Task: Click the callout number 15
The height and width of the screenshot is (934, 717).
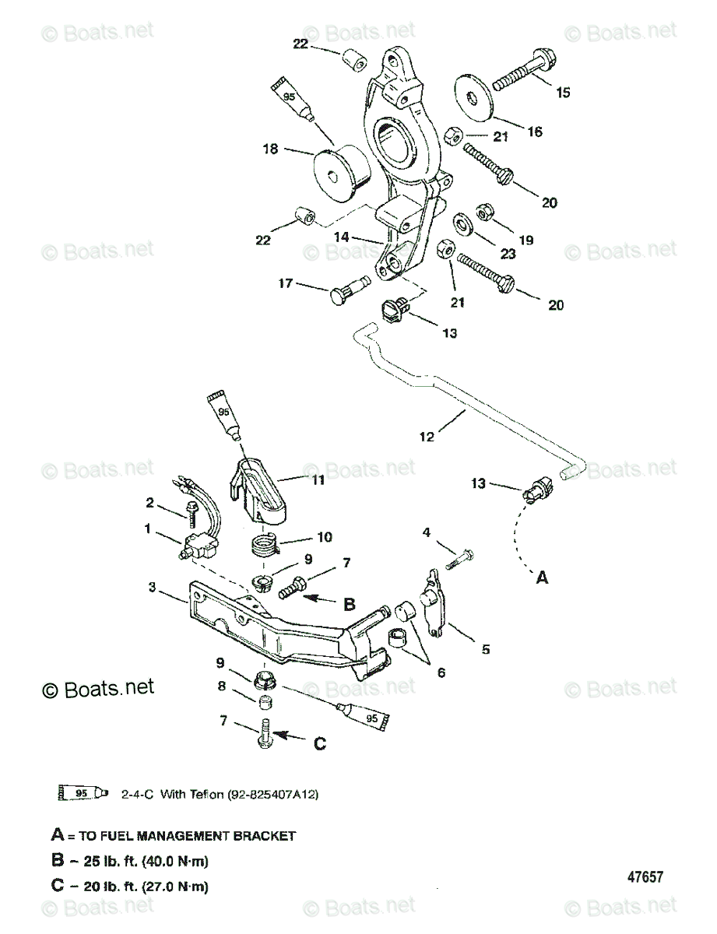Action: pyautogui.click(x=563, y=93)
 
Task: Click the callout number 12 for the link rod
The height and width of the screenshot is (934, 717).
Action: pyautogui.click(x=427, y=437)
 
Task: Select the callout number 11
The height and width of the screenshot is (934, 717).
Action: pyautogui.click(x=318, y=481)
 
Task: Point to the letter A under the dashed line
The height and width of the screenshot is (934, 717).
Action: pyautogui.click(x=543, y=578)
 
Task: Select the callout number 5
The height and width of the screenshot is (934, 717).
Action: pyautogui.click(x=486, y=648)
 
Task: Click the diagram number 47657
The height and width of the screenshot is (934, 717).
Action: pyautogui.click(x=645, y=877)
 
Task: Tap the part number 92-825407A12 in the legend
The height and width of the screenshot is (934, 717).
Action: pyautogui.click(x=272, y=795)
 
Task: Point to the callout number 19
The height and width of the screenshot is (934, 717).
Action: pyautogui.click(x=526, y=241)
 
